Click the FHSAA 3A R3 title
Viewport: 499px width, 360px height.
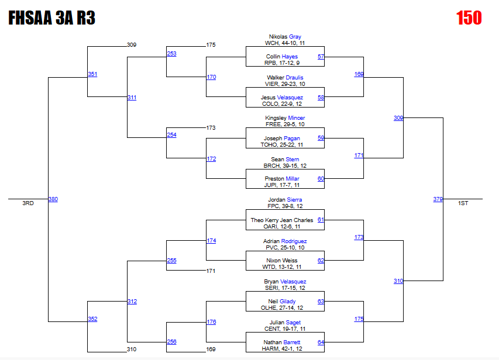pyautogui.click(x=51, y=18)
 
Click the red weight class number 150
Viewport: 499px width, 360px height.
pyautogui.click(x=469, y=18)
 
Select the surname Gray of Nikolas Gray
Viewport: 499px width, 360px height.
pyautogui.click(x=295, y=37)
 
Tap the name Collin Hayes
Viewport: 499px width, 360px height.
pyautogui.click(x=281, y=57)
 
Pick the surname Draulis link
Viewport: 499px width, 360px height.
pyautogui.click(x=294, y=77)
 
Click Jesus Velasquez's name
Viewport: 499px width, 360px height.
pyautogui.click(x=281, y=98)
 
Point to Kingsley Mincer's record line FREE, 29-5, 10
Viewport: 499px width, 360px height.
pyautogui.click(x=285, y=124)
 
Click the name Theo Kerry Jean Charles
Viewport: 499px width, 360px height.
pyautogui.click(x=281, y=220)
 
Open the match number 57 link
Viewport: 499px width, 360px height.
pyautogui.click(x=321, y=57)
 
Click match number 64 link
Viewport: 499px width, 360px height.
pyautogui.click(x=321, y=342)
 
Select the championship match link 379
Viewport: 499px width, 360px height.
pyautogui.click(x=438, y=199)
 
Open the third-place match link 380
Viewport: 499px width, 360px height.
pyautogui.click(x=53, y=199)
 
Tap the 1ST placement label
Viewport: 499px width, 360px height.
pyautogui.click(x=463, y=203)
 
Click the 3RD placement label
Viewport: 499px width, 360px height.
pyautogui.click(x=28, y=203)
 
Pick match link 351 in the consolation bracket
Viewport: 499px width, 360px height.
pyautogui.click(x=92, y=74)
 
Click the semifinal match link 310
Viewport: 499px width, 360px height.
pyautogui.click(x=398, y=281)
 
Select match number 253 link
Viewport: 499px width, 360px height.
pyautogui.click(x=171, y=54)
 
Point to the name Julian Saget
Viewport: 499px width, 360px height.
pyautogui.click(x=285, y=323)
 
